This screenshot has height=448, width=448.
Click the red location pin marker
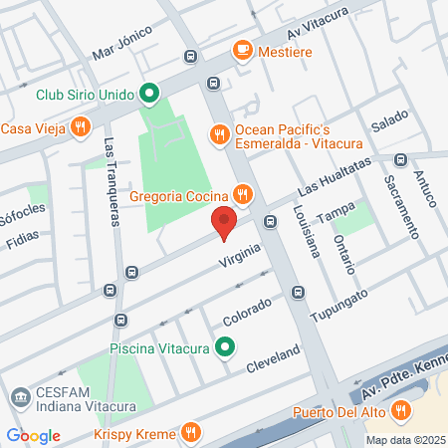tap(224, 224)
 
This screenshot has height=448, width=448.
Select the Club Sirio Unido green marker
tap(149, 96)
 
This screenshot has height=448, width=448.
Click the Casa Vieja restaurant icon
tap(83, 126)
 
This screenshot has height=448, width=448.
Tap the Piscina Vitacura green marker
tap(226, 347)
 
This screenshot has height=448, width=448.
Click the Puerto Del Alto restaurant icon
tap(400, 408)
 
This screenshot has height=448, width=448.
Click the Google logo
tap(34, 435)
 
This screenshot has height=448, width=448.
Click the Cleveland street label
tap(274, 357)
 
